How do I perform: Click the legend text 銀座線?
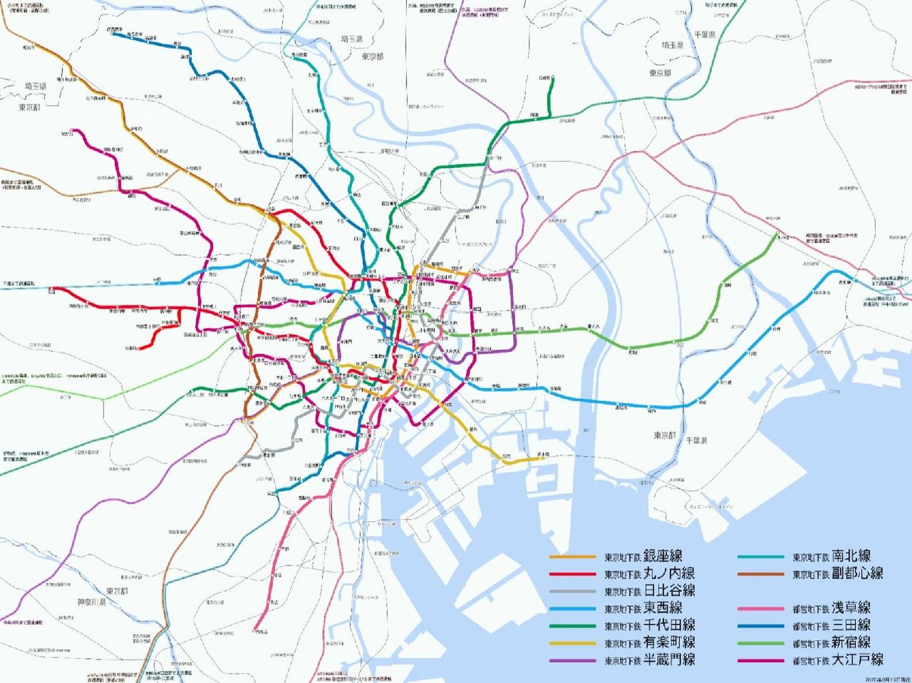663,556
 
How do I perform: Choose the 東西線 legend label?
663,608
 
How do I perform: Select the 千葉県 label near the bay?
697,441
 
